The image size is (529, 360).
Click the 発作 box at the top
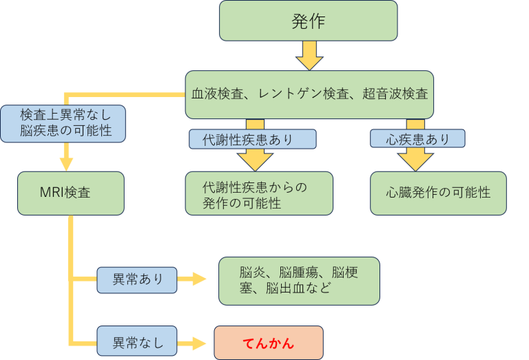click(x=309, y=21)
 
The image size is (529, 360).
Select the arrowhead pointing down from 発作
click(x=309, y=63)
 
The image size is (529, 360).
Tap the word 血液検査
click(x=217, y=94)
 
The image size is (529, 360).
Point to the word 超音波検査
click(x=395, y=94)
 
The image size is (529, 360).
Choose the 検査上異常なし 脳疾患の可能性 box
click(x=63, y=123)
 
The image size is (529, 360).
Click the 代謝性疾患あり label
click(x=252, y=139)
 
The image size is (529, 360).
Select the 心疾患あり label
click(x=417, y=138)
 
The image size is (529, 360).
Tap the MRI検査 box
click(x=71, y=193)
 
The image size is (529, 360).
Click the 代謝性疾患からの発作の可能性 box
click(x=259, y=193)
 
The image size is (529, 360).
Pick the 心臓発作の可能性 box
click(x=438, y=193)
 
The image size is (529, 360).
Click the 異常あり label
click(x=136, y=280)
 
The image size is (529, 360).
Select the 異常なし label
click(x=136, y=341)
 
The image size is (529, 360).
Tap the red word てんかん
click(x=269, y=343)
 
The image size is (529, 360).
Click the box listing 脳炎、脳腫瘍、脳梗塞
click(x=299, y=281)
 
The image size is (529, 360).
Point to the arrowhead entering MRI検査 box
click(x=66, y=164)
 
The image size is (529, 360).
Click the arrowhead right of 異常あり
click(x=199, y=279)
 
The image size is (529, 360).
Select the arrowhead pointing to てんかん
click(x=199, y=343)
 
